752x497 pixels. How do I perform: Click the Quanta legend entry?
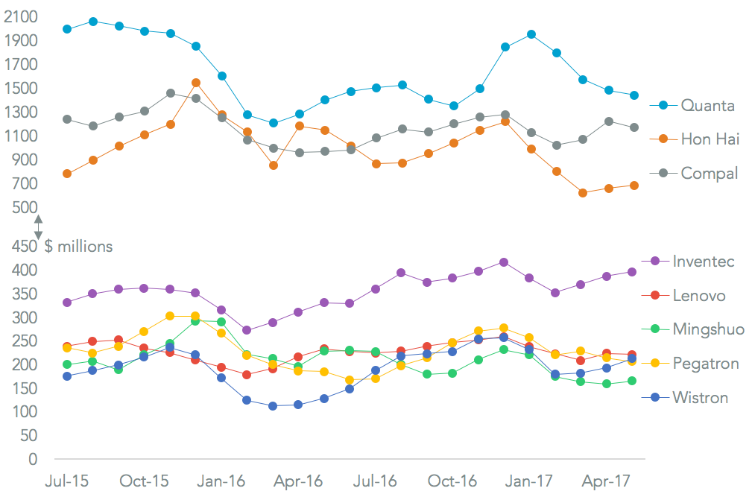click(707, 105)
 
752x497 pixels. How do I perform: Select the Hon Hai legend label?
click(710, 139)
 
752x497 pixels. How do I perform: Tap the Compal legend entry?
click(709, 174)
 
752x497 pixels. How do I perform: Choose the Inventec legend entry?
click(703, 261)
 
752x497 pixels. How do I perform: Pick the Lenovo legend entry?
click(698, 295)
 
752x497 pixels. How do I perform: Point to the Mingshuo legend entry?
click(707, 329)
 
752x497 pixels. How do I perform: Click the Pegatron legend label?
click(705, 364)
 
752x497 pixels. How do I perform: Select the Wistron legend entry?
click(700, 397)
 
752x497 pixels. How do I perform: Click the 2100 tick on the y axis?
click(19, 17)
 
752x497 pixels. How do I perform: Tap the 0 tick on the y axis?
click(32, 459)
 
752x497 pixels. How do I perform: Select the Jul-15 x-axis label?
click(67, 481)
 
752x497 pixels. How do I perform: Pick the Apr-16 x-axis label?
click(299, 481)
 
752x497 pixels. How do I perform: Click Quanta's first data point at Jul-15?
click(67, 29)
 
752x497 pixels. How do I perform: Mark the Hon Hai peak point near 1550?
click(196, 83)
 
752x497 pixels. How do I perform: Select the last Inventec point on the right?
click(632, 272)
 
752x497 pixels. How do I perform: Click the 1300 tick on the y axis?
click(19, 113)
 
